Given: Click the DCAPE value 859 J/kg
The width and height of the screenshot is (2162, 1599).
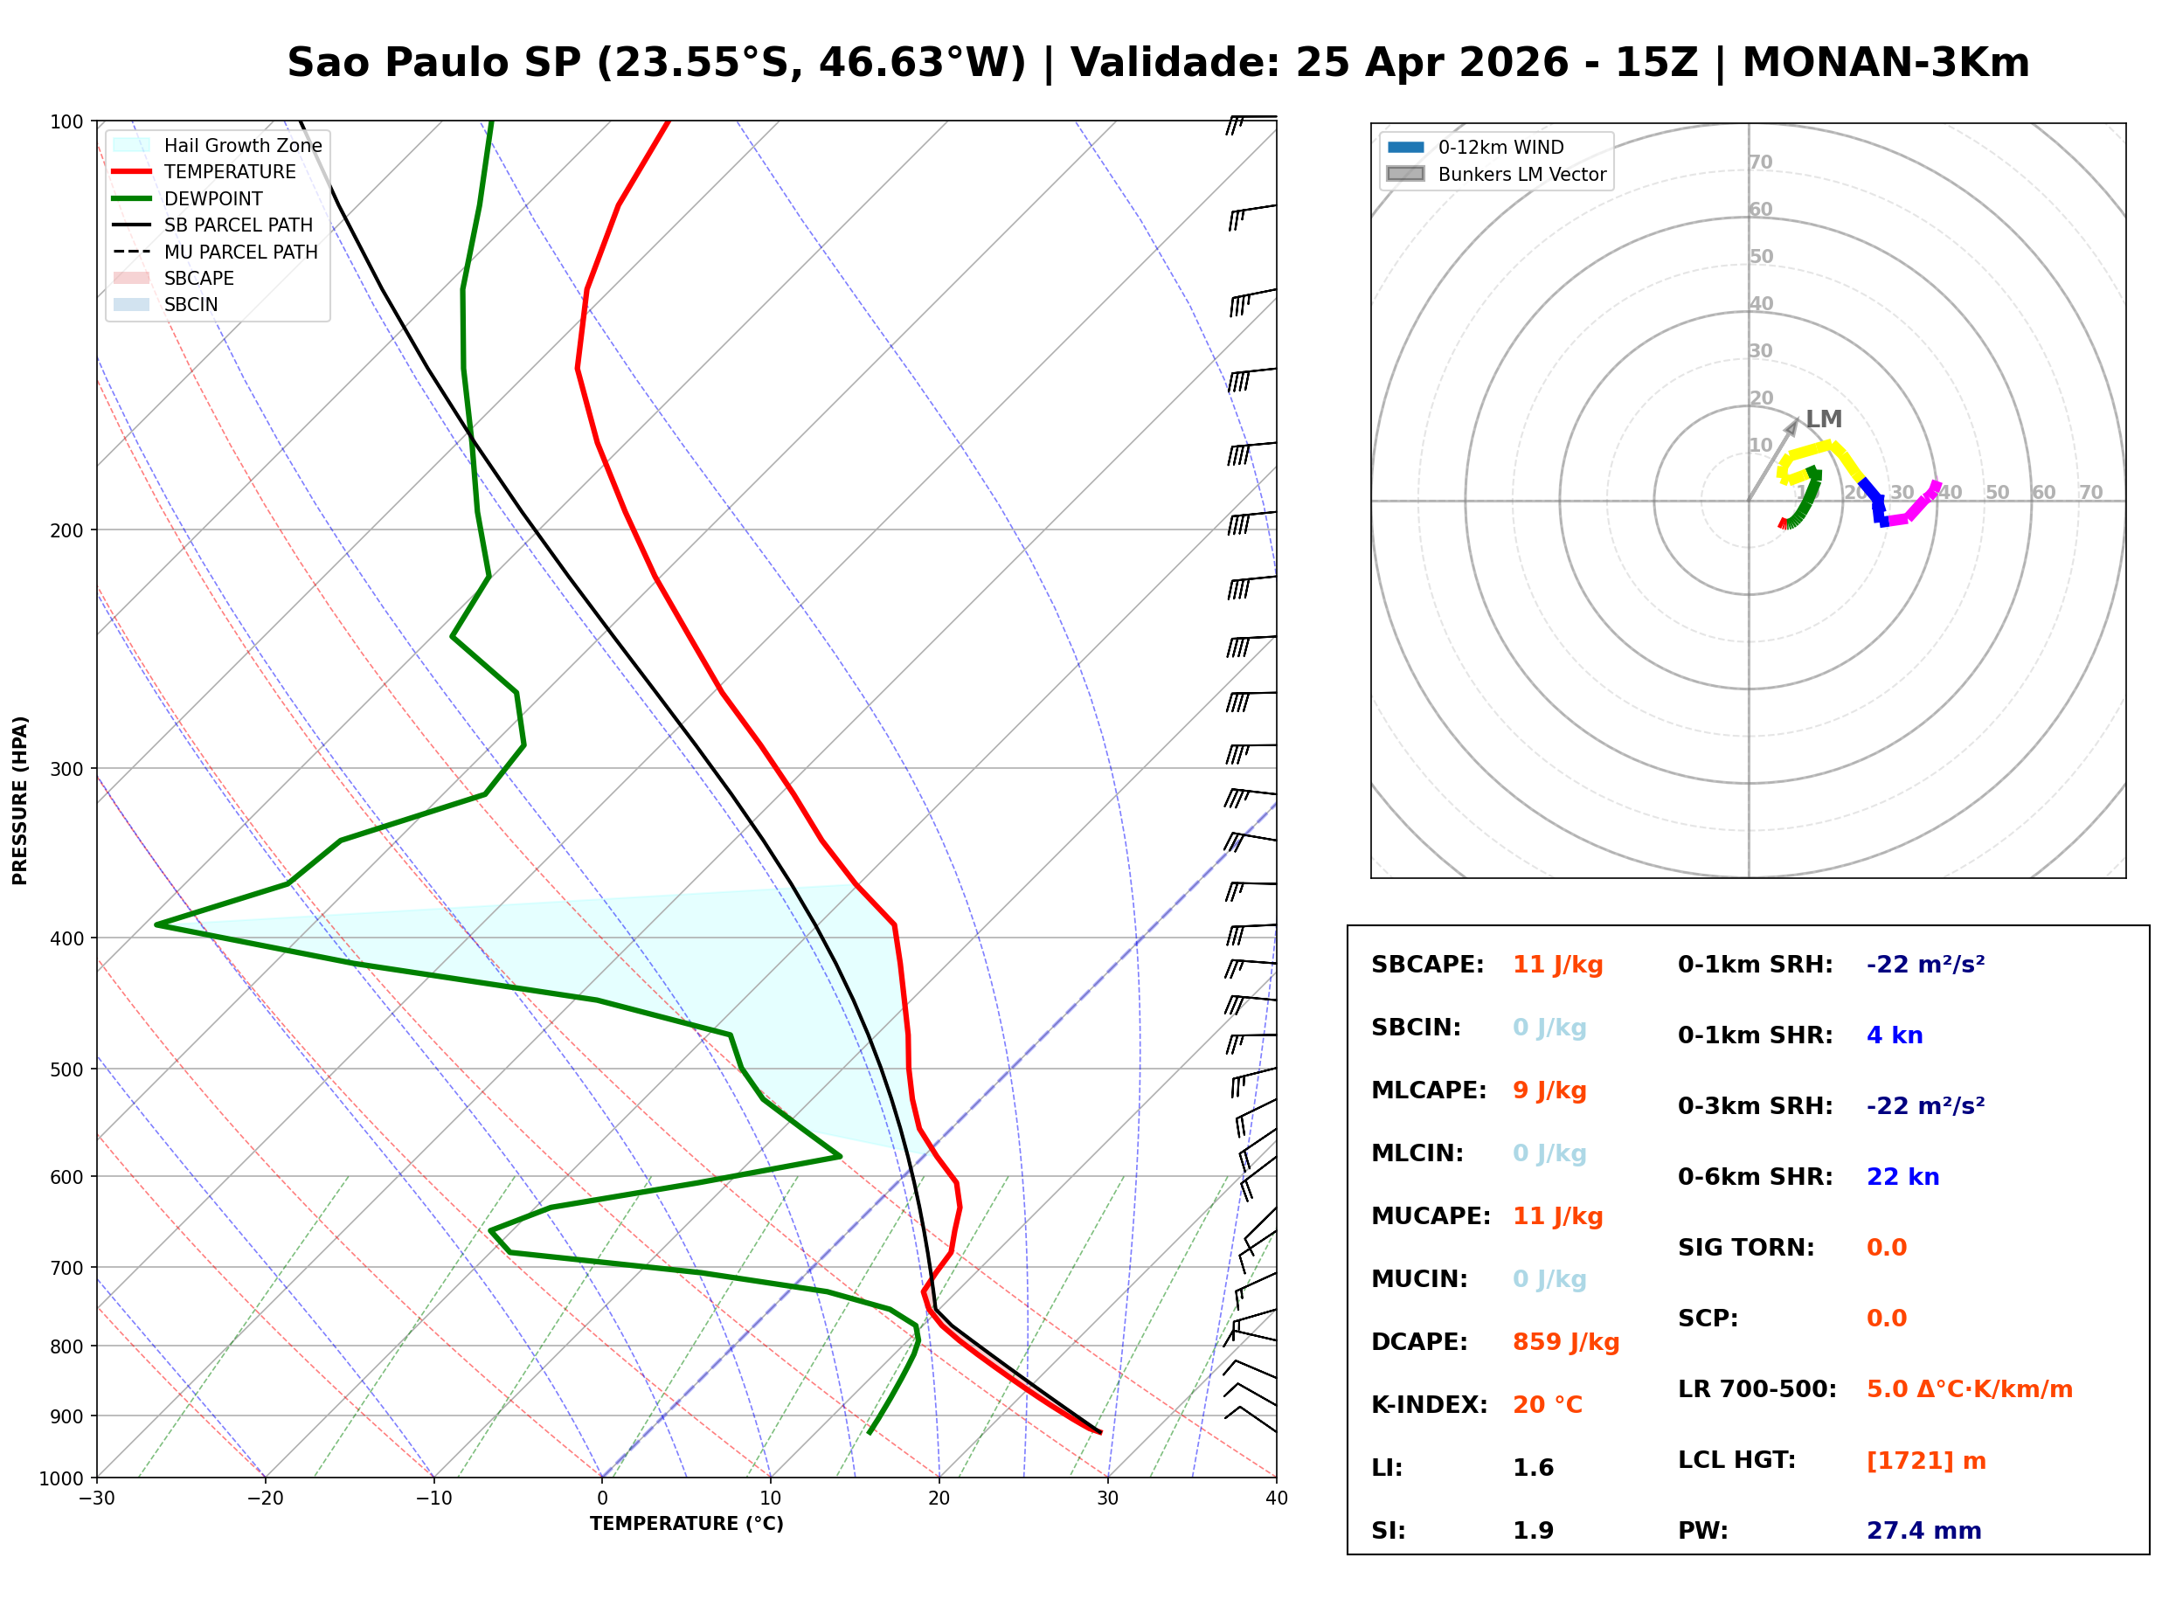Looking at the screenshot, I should (x=1565, y=1341).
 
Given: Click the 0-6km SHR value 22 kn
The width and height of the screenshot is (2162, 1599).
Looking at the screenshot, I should (x=1902, y=1177).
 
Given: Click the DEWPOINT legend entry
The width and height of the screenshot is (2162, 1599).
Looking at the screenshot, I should (x=213, y=198).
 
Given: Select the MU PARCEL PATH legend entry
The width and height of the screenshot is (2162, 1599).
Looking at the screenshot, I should (x=240, y=252).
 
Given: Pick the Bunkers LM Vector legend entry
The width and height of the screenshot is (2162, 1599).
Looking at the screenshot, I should (x=1521, y=174).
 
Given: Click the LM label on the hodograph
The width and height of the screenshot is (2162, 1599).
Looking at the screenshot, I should (x=1823, y=419).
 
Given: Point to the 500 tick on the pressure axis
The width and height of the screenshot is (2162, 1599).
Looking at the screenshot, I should (x=66, y=1069).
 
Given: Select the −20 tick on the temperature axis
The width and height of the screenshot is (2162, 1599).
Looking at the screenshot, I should (x=264, y=1499).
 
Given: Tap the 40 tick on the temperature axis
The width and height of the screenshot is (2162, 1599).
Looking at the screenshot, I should (x=1276, y=1499).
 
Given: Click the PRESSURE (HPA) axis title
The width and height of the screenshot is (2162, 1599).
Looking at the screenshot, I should (x=19, y=799).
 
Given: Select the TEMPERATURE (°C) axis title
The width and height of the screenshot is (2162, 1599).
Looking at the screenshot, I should (x=686, y=1524).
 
